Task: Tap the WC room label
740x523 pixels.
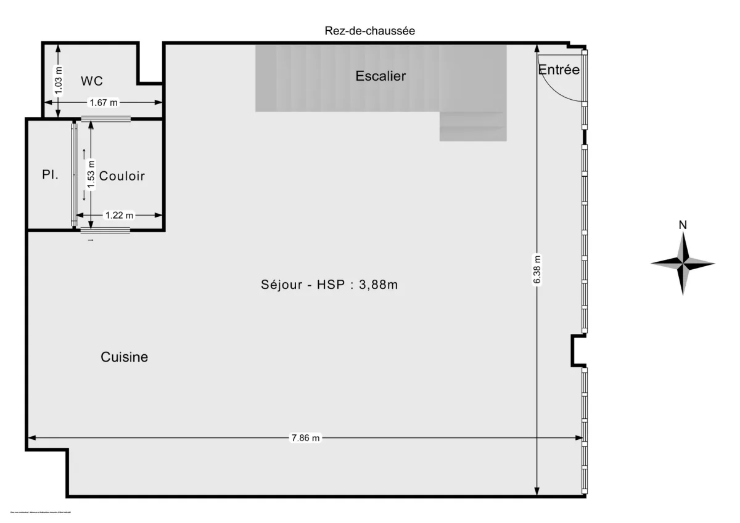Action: (92, 81)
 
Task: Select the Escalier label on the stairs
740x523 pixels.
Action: (380, 76)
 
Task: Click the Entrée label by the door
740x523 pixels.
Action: (559, 70)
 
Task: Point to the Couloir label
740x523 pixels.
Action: (122, 176)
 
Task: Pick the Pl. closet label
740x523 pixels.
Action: (50, 175)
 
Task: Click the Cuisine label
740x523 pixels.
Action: (124, 357)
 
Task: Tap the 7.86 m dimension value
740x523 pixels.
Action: (305, 438)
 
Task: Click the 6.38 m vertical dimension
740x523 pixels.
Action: (537, 270)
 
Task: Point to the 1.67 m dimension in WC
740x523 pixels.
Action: (104, 103)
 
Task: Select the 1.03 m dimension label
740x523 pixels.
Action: (59, 80)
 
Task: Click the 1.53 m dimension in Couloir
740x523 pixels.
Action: (91, 174)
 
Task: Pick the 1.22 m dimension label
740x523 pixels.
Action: (119, 215)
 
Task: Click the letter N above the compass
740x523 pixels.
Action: (683, 225)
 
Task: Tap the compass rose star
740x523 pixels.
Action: (683, 264)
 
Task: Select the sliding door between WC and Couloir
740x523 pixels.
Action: (105, 119)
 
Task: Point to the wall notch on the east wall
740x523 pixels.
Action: (578, 351)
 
